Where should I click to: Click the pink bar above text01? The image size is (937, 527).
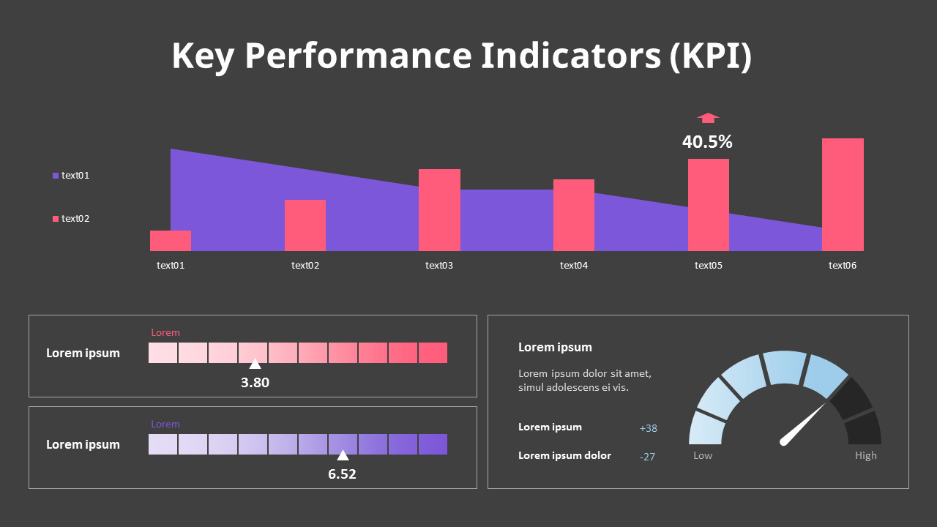[x=171, y=241]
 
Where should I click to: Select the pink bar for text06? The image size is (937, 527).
[x=843, y=195]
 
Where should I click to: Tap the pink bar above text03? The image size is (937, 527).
[x=439, y=210]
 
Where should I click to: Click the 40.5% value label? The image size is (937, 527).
[x=707, y=142]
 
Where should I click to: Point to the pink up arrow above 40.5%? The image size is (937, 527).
[x=708, y=118]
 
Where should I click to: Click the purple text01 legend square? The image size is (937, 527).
[x=56, y=176]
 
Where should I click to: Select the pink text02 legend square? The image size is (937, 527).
[x=56, y=219]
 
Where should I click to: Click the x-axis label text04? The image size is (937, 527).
[x=574, y=266]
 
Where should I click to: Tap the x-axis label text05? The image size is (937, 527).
[x=709, y=266]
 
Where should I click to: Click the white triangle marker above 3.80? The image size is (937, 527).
[x=255, y=364]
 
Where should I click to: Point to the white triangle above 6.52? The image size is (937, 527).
[x=343, y=455]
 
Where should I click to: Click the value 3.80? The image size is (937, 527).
[x=255, y=382]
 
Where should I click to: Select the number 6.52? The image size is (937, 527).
[x=342, y=474]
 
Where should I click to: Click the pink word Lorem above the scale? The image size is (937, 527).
[x=165, y=333]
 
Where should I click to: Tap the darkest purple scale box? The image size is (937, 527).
[x=433, y=444]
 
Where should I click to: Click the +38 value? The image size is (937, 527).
[x=648, y=428]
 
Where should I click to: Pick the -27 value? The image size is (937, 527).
[x=647, y=457]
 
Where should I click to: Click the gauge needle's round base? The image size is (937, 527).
[x=785, y=441]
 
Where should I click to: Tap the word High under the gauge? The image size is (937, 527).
[x=865, y=455]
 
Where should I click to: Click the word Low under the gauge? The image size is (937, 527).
[x=703, y=455]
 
